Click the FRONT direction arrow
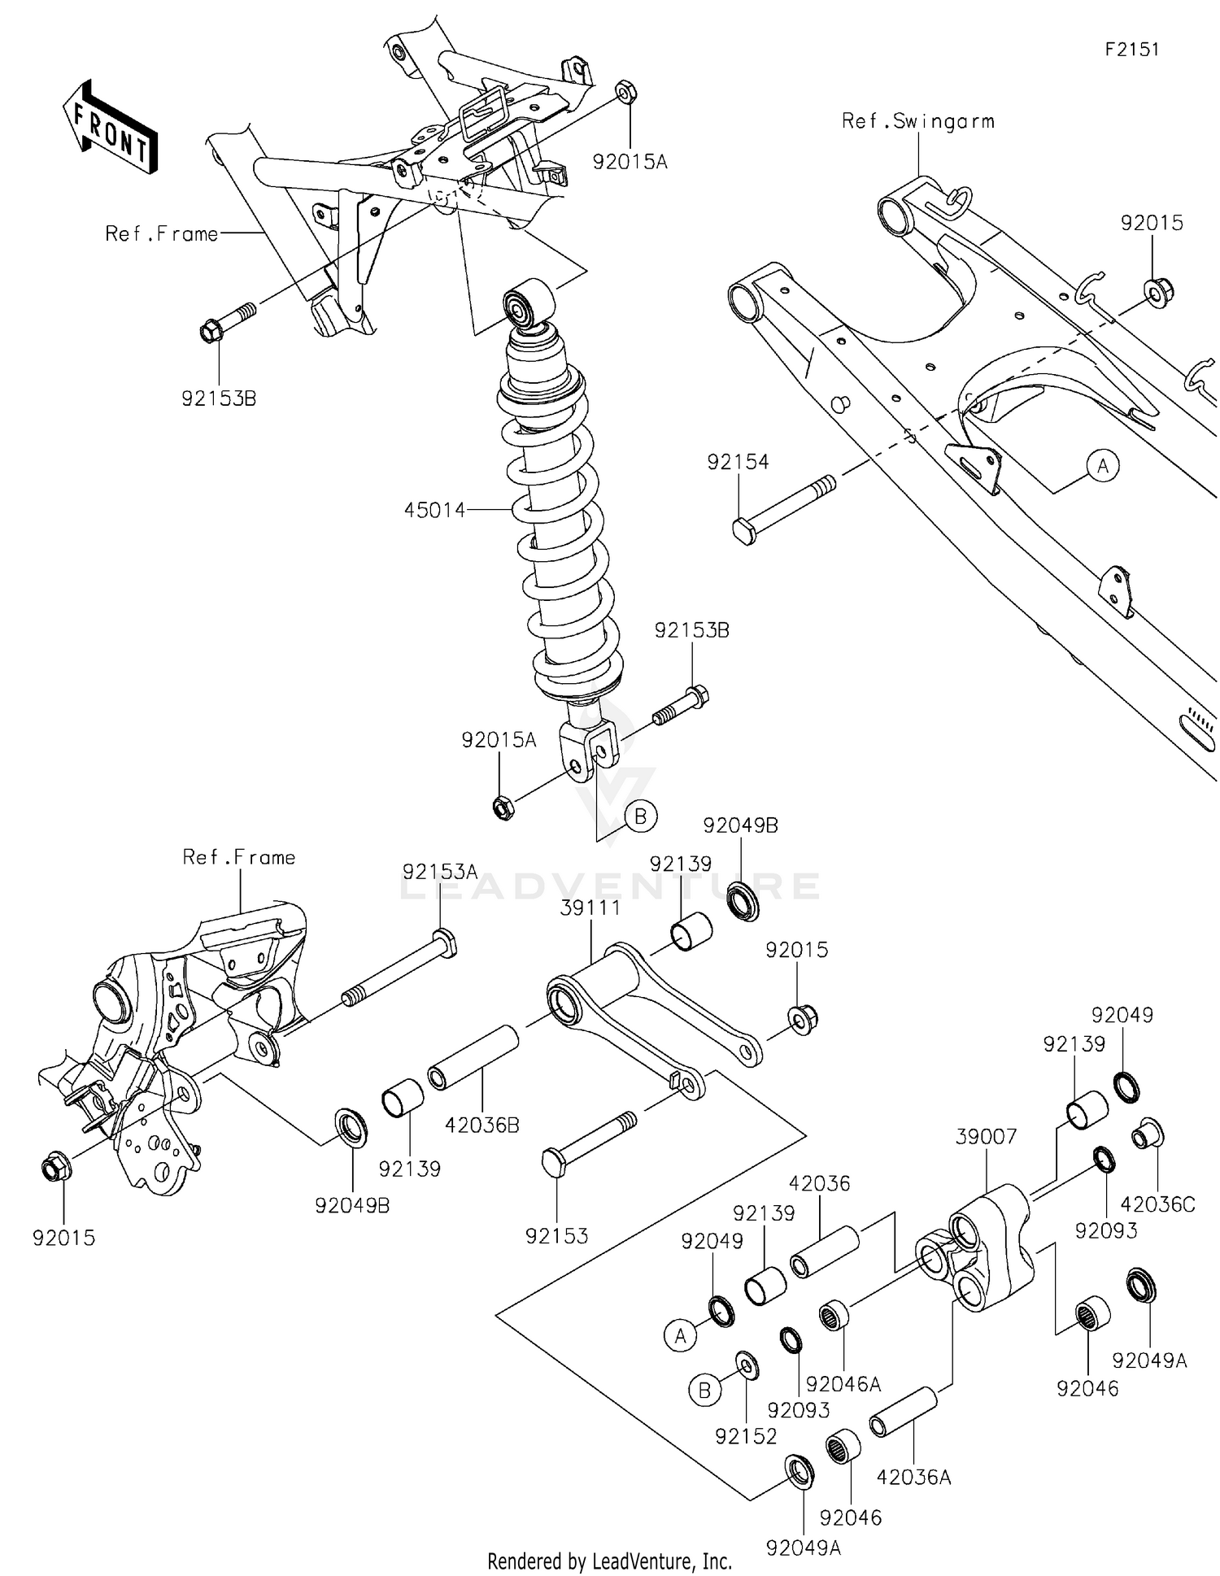tap(110, 128)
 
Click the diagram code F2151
tap(1131, 50)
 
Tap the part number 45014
tap(434, 510)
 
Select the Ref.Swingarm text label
tap(917, 122)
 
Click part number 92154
tap(738, 462)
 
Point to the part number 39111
tap(590, 908)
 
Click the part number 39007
tap(986, 1136)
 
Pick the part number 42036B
tap(481, 1125)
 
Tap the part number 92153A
tap(440, 872)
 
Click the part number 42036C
tap(1157, 1204)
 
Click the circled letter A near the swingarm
tap(1103, 466)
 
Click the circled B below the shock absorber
tap(640, 816)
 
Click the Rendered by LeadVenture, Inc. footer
tap(609, 1561)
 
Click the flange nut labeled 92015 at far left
tap(55, 1169)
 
